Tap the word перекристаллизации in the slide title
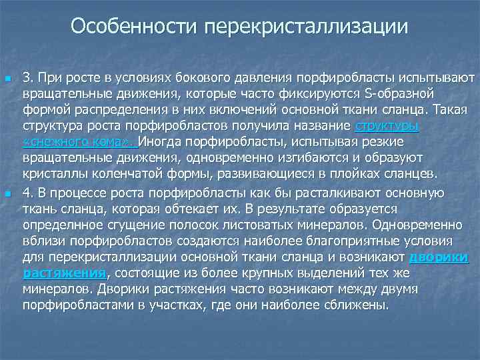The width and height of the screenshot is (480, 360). pos(307,27)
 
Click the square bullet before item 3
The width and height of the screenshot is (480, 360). pos(8,79)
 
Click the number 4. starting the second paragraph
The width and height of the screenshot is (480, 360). pos(29,193)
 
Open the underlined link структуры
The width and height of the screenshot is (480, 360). pos(387,125)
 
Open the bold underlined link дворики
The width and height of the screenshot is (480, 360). pos(438,257)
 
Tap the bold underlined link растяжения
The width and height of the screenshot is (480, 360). pos(65,273)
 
